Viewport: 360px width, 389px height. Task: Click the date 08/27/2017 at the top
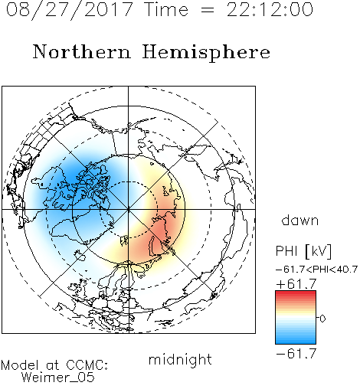[69, 9]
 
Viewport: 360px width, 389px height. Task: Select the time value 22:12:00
[270, 9]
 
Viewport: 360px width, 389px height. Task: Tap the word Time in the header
[166, 9]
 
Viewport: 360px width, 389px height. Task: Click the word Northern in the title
[81, 52]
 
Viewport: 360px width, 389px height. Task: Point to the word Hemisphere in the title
[206, 53]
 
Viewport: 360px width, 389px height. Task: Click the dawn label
[299, 220]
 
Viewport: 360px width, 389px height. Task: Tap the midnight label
[180, 359]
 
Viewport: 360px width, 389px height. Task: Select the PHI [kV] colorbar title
[303, 251]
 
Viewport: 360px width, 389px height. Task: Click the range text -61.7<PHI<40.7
[316, 270]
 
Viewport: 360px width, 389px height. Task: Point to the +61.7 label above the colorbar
[296, 284]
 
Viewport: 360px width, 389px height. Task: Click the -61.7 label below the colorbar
[296, 354]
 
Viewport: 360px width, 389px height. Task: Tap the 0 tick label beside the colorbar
[322, 319]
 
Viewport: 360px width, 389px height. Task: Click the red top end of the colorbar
[296, 293]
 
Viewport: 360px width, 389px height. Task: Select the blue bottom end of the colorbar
[296, 342]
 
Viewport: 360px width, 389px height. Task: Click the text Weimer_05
[57, 378]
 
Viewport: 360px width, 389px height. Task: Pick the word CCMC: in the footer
[87, 365]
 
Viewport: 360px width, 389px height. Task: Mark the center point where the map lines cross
[129, 210]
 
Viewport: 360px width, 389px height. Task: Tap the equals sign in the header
[208, 10]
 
